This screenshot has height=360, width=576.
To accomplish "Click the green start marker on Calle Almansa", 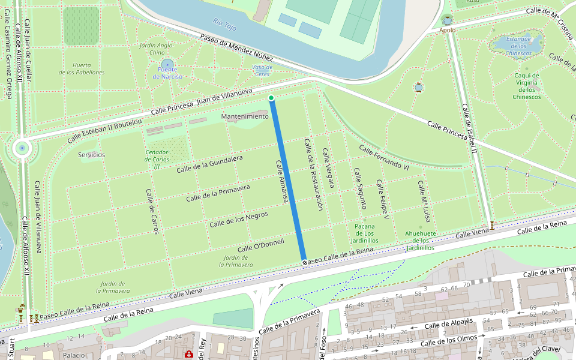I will coord(271,98).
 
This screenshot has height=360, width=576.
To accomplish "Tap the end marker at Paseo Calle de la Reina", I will coord(305,263).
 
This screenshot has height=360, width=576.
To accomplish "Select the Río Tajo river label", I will coord(225,25).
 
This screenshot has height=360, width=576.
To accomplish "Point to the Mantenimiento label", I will coord(245,116).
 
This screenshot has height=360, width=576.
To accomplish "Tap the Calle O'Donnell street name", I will coord(261,245).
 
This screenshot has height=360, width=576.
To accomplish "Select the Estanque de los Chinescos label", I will coord(518,46).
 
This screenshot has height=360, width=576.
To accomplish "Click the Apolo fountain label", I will coord(448,30).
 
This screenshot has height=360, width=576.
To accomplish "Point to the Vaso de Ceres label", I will coord(262,70).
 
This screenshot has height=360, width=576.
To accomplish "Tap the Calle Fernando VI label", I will coord(384,158).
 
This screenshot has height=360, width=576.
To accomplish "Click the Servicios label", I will coord(91,155).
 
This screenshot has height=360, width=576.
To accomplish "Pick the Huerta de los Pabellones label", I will coord(82,68).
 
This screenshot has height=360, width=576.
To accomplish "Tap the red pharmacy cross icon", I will coord(189,355).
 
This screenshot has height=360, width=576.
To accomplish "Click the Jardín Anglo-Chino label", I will coord(156,49).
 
